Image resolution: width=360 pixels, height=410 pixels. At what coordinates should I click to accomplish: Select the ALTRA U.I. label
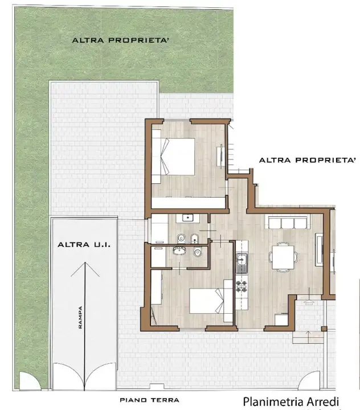point(84,245)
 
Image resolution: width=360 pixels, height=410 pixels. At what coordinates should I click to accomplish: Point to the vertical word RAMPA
point(80,318)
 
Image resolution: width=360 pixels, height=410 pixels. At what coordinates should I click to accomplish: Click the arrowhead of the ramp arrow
point(85,266)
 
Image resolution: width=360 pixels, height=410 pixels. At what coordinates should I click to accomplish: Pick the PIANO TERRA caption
point(149,400)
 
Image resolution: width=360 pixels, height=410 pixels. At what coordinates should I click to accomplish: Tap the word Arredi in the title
point(323,401)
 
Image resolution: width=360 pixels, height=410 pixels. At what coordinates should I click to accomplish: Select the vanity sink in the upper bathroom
point(187,217)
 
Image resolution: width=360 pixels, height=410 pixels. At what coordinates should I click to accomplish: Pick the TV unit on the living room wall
point(320,249)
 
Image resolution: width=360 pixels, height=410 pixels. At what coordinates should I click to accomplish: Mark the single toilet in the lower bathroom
point(197,253)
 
